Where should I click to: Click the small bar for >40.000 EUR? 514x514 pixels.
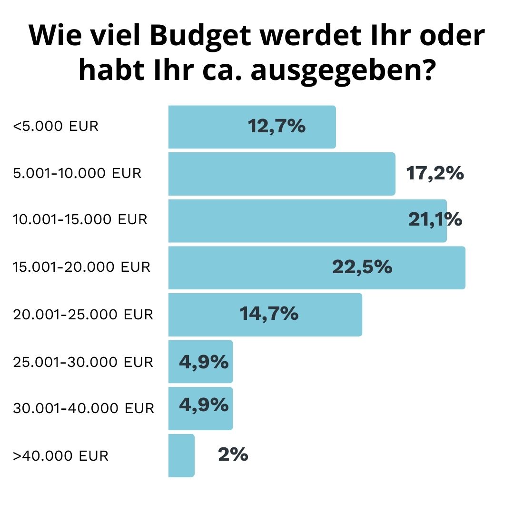181,455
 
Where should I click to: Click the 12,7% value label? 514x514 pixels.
277,127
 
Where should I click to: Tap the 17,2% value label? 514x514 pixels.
435,174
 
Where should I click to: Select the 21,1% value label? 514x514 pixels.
435,220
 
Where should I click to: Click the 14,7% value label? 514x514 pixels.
269,314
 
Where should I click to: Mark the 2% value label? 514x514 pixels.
233,455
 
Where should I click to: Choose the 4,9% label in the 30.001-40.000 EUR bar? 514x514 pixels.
204,405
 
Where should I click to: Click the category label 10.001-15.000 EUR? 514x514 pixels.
80,220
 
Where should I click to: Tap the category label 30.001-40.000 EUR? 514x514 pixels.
84,408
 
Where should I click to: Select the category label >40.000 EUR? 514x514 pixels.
61,456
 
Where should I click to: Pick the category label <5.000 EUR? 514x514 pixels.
56,127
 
